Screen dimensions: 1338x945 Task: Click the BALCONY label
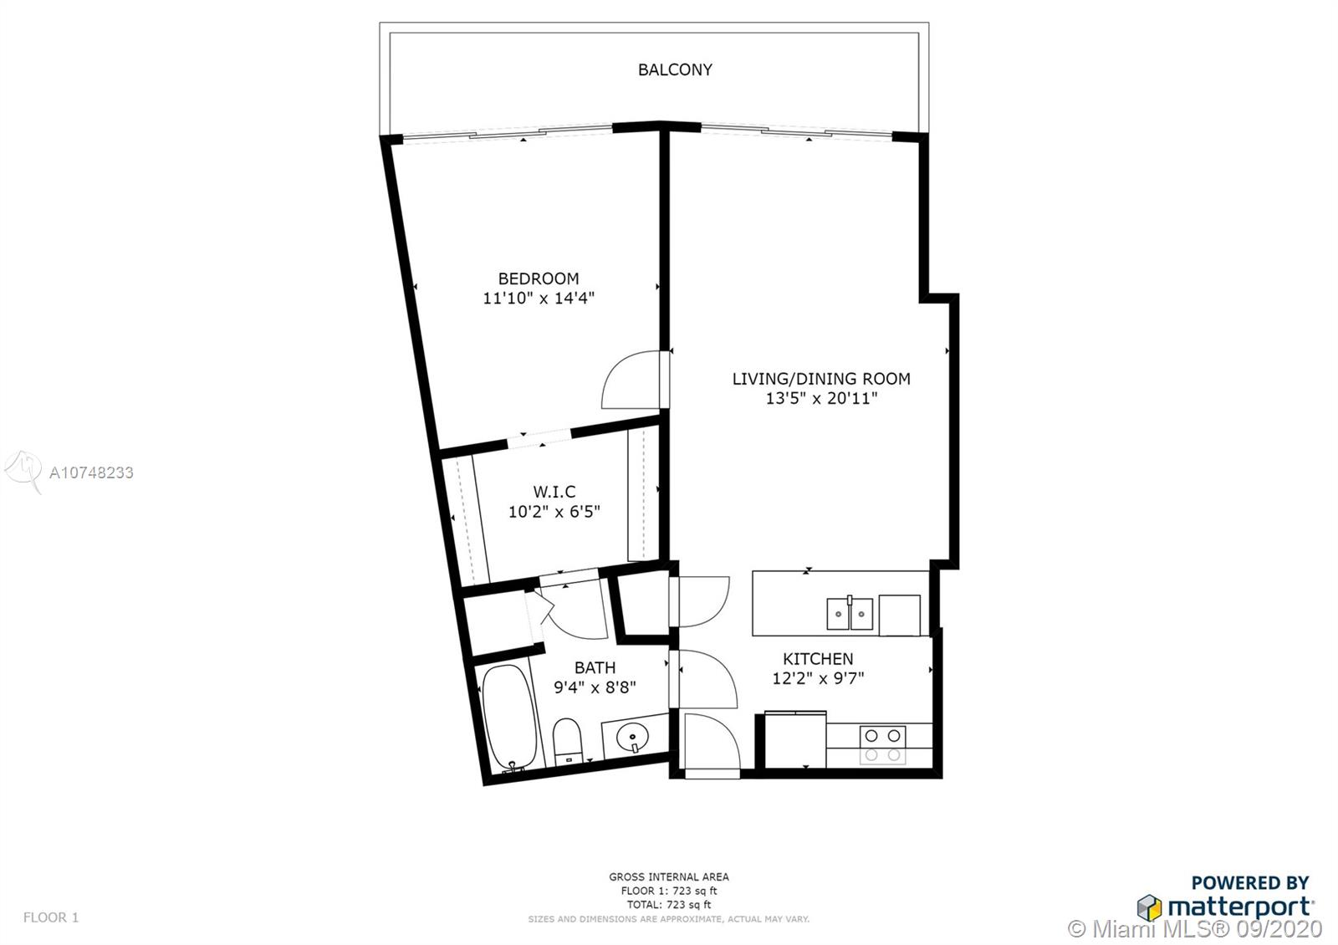pos(675,70)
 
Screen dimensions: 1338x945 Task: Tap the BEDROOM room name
pos(539,278)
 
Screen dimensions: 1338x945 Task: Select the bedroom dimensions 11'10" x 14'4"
pos(539,298)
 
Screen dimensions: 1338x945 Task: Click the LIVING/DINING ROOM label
pos(821,379)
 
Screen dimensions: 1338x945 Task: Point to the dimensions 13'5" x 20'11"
pos(821,398)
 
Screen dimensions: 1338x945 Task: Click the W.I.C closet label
pos(554,492)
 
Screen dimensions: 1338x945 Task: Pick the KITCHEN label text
pos(818,659)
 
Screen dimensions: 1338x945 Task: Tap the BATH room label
pos(595,667)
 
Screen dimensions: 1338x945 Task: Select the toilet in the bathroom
pos(568,742)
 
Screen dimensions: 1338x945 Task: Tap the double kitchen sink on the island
pos(850,614)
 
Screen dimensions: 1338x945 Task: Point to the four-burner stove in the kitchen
pos(882,745)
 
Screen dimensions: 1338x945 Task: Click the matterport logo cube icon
pos(1149,908)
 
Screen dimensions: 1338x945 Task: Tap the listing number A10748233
pos(91,472)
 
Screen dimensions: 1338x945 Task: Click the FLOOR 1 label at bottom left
pos(51,917)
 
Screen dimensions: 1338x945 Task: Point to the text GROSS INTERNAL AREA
pos(669,877)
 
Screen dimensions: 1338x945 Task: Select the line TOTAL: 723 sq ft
pos(669,904)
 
